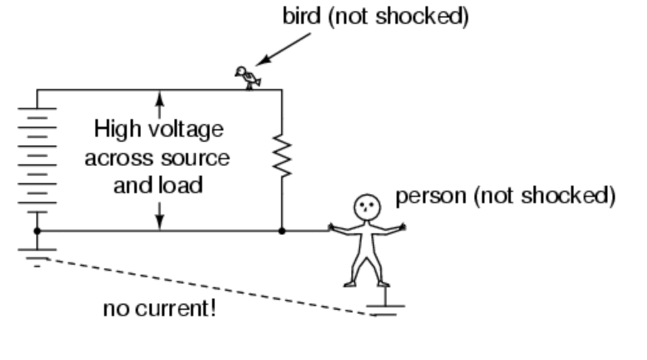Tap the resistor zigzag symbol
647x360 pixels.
pyautogui.click(x=282, y=157)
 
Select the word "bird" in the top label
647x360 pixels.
pyautogui.click(x=302, y=16)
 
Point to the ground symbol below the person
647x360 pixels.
pyautogui.click(x=385, y=309)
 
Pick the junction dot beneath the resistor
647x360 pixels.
pyautogui.click(x=282, y=231)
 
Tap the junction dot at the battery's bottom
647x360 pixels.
pyautogui.click(x=37, y=231)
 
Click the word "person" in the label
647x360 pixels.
pyautogui.click(x=430, y=196)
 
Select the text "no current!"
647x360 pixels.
pyautogui.click(x=159, y=309)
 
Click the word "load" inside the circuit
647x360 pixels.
pyautogui.click(x=182, y=186)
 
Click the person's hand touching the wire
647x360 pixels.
pyautogui.click(x=332, y=228)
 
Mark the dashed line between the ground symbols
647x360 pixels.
pyautogui.click(x=207, y=286)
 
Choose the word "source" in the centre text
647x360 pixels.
pyautogui.click(x=195, y=158)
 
